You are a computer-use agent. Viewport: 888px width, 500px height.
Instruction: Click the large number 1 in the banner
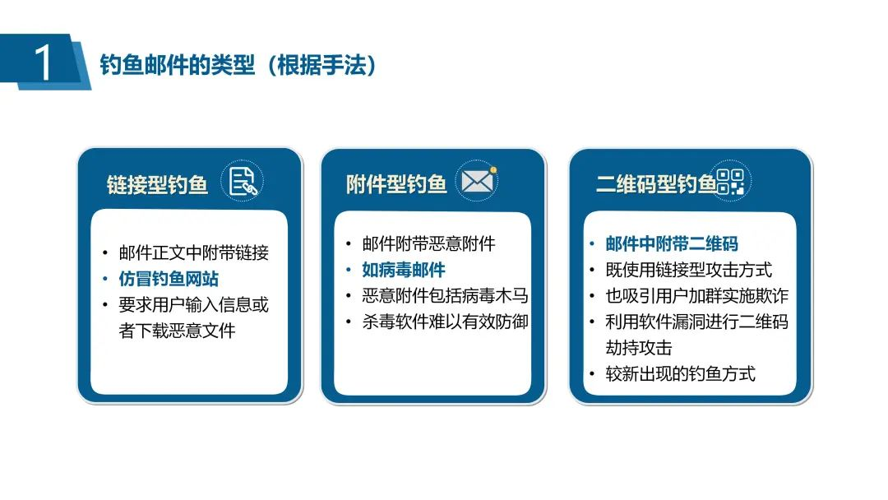tap(43, 62)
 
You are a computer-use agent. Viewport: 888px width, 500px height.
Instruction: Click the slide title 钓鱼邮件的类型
tap(178, 65)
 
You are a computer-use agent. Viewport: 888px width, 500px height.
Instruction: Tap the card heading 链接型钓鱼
tap(157, 184)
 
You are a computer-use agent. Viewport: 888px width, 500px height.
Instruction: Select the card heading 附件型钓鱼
tap(396, 184)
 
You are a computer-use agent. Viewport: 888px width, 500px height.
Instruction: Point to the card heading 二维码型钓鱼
tap(656, 184)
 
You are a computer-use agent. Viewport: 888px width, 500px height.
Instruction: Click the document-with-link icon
tap(243, 182)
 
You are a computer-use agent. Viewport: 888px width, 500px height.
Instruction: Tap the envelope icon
tap(478, 181)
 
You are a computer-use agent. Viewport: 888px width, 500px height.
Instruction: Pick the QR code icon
tap(731, 181)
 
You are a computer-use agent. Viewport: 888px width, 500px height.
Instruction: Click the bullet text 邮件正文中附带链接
tap(194, 252)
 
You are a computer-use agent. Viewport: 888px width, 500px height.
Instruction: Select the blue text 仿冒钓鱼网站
tap(169, 279)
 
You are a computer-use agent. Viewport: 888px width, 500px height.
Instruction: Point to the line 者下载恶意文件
tap(177, 331)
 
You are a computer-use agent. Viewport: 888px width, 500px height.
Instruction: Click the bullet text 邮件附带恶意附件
tap(428, 243)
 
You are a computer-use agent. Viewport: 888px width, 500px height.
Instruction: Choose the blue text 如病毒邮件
tap(404, 270)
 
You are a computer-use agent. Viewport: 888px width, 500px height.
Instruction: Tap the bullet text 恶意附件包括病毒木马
tap(445, 295)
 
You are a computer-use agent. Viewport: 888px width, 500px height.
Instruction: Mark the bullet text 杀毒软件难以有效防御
tap(445, 322)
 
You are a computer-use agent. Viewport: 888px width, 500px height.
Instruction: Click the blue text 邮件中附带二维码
tap(672, 243)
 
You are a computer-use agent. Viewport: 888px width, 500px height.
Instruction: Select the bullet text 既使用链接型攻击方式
tap(689, 270)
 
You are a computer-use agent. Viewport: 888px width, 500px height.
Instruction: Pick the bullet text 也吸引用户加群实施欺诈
tap(696, 295)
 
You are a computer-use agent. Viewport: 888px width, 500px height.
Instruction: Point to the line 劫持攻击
tap(638, 348)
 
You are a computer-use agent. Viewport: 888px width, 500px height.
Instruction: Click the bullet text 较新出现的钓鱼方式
tap(680, 373)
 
